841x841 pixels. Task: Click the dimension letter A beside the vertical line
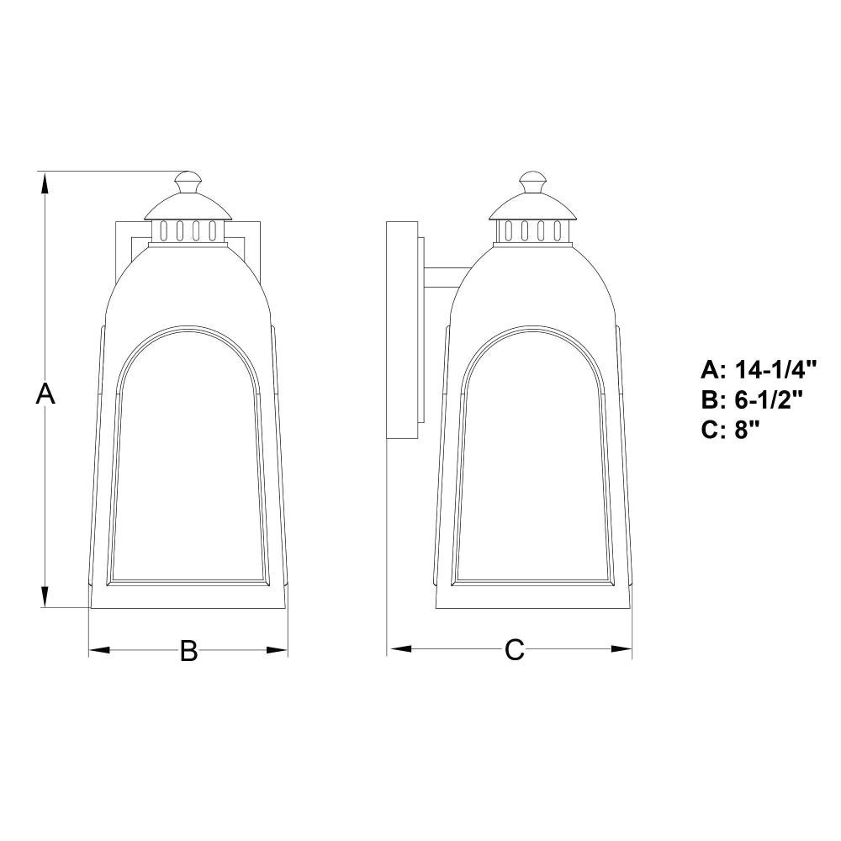45,394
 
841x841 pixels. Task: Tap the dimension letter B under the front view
188,651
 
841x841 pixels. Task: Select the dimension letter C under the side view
514,650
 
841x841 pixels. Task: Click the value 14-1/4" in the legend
775,369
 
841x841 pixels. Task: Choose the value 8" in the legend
748,430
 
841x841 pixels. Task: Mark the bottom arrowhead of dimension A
45,595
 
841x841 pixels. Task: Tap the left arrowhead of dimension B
99,650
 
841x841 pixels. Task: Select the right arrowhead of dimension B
278,650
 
